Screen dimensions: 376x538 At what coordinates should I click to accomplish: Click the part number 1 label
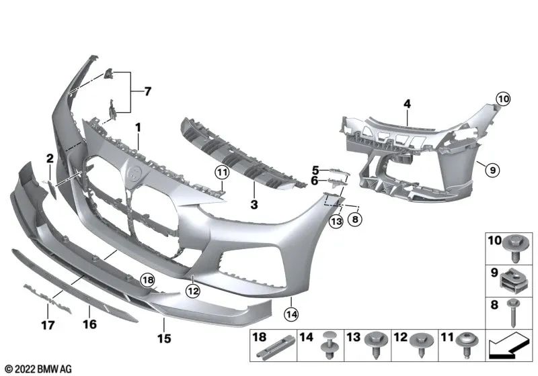pos(138,127)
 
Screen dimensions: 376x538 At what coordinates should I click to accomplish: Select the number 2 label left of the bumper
pos(49,158)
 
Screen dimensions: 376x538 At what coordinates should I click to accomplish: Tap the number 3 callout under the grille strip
pos(254,203)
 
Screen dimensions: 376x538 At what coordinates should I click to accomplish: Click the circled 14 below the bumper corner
pos(291,312)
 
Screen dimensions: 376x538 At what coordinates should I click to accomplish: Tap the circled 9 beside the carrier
pos(492,171)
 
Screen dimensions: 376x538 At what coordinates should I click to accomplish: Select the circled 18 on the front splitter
pos(147,279)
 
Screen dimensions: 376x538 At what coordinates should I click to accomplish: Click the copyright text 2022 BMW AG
pos(38,369)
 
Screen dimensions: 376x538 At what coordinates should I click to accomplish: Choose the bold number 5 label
pos(315,170)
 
